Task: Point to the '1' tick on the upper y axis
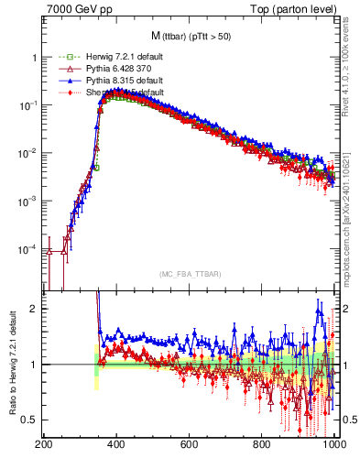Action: click(x=34, y=57)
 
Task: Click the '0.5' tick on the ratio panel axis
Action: click(x=29, y=420)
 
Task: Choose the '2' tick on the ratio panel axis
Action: click(x=34, y=309)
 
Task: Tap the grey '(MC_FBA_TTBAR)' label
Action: click(x=189, y=273)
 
